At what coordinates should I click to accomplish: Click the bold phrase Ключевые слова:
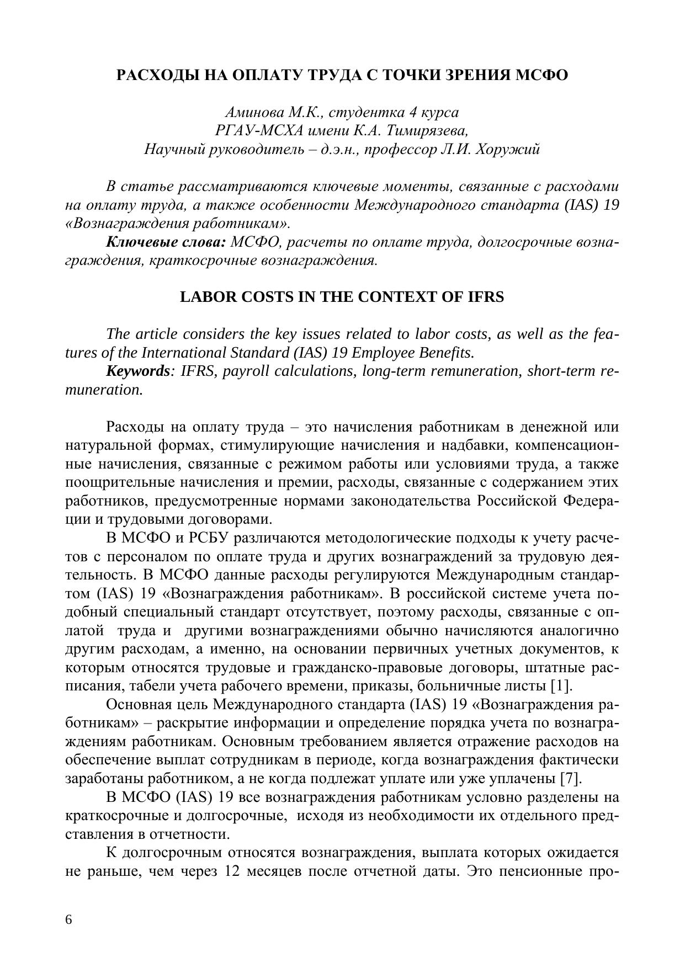[x=166, y=242]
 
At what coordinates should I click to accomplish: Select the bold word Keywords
[x=137, y=371]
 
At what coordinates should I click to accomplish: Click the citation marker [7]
[x=571, y=779]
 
